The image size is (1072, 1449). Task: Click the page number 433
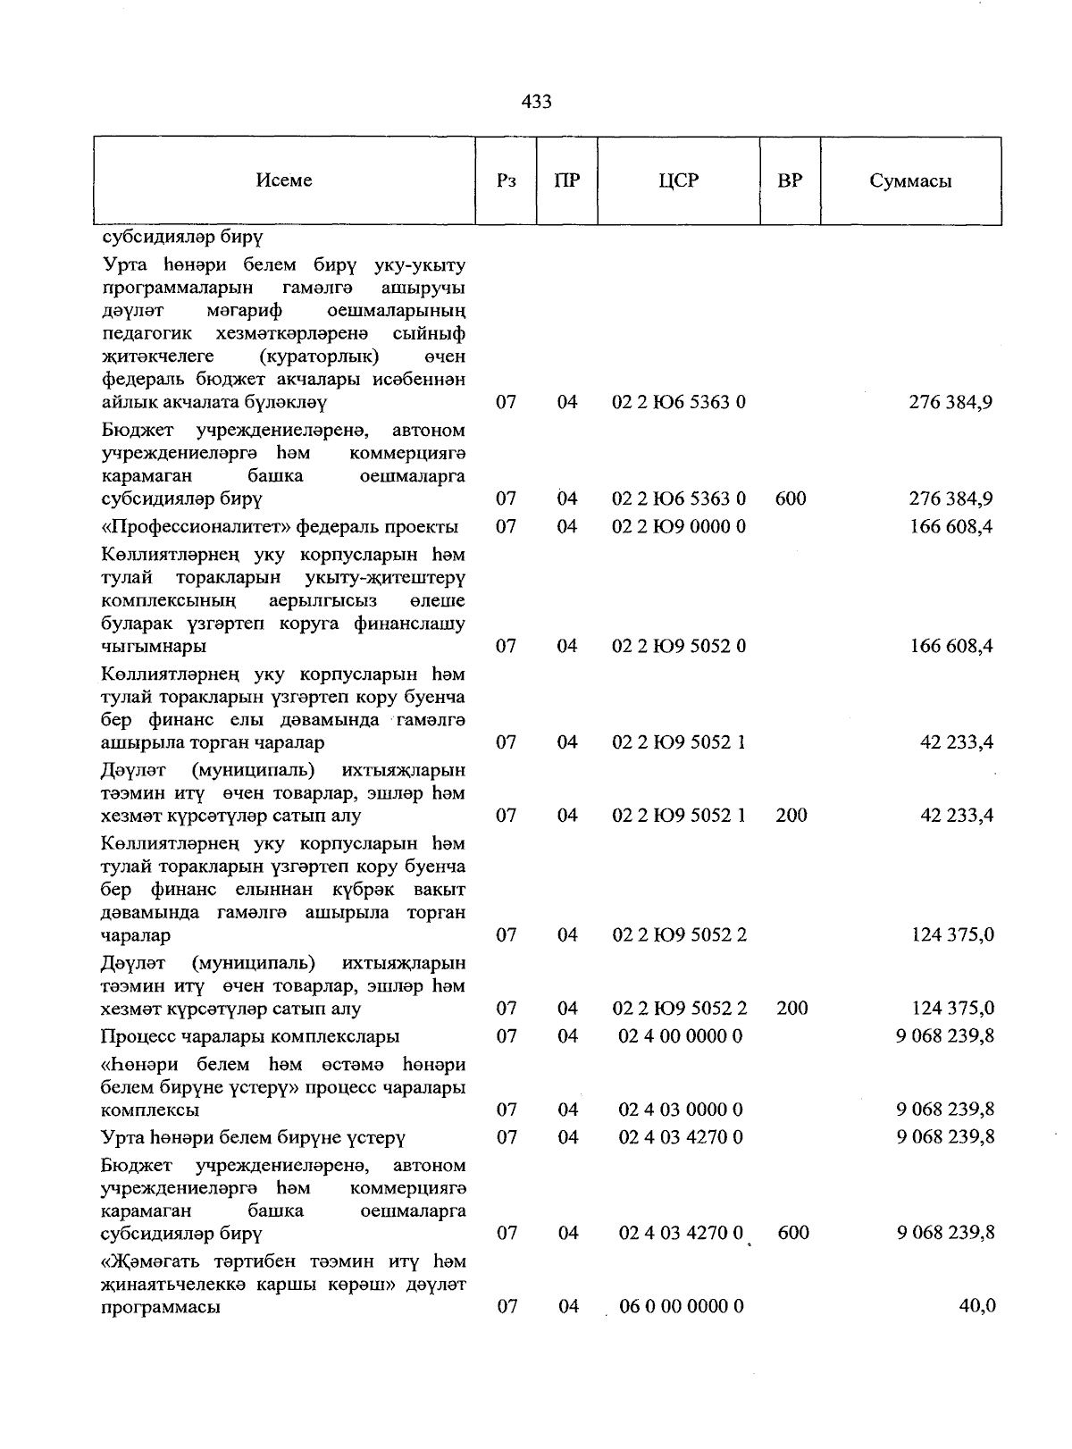click(536, 102)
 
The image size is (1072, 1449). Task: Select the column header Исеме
click(283, 180)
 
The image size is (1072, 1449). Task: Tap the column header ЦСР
click(678, 180)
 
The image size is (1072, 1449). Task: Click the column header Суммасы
click(910, 181)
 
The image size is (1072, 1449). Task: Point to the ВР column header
click(790, 180)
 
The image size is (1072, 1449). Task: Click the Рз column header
click(506, 181)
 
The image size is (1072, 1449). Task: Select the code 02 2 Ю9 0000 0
click(679, 526)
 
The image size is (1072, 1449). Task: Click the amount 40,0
click(976, 1306)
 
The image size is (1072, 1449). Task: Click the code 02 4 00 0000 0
click(681, 1036)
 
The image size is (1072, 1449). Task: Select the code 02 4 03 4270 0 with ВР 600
click(681, 1233)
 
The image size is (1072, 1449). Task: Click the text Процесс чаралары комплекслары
click(249, 1036)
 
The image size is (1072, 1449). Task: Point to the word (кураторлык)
click(319, 356)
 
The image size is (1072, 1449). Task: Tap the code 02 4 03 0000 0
click(681, 1110)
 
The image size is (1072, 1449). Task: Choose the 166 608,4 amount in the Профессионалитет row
click(951, 526)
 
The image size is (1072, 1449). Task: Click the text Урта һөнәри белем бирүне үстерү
click(254, 1137)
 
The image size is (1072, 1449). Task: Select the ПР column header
click(566, 180)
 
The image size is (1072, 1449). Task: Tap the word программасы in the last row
click(161, 1306)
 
